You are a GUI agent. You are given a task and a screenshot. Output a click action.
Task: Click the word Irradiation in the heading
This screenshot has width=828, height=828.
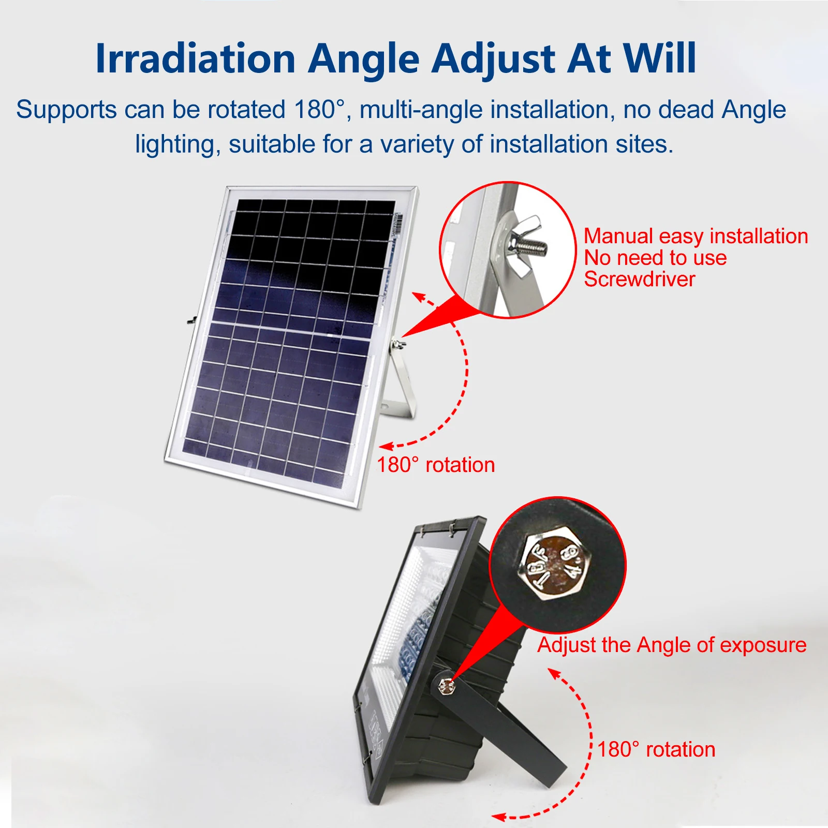pyautogui.click(x=195, y=58)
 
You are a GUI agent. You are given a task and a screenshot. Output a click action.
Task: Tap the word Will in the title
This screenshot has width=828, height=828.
pyautogui.click(x=659, y=58)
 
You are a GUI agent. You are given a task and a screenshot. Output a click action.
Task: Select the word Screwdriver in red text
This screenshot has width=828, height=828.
pyautogui.click(x=640, y=279)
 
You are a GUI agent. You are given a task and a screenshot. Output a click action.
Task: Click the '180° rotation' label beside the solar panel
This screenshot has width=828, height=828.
pyautogui.click(x=435, y=465)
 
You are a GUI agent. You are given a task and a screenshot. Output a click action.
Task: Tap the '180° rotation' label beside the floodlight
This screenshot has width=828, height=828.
pyautogui.click(x=656, y=749)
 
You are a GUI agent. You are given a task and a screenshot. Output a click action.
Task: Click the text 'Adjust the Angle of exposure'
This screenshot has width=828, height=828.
pyautogui.click(x=672, y=645)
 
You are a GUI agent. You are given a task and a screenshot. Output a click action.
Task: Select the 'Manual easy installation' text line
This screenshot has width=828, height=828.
pyautogui.click(x=696, y=236)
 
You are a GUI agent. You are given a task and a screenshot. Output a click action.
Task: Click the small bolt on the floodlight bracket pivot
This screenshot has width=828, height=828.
pyautogui.click(x=446, y=687)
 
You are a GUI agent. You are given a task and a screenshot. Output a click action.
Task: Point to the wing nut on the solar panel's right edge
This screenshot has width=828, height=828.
pyautogui.click(x=397, y=343)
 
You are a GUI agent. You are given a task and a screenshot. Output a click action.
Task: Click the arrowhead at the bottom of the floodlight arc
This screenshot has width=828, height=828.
pyautogui.click(x=499, y=817)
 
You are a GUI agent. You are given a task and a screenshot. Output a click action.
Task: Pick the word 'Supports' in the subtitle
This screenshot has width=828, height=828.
pyautogui.click(x=66, y=110)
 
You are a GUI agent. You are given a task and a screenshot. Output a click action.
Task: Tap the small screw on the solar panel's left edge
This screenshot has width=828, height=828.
pyautogui.click(x=190, y=320)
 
